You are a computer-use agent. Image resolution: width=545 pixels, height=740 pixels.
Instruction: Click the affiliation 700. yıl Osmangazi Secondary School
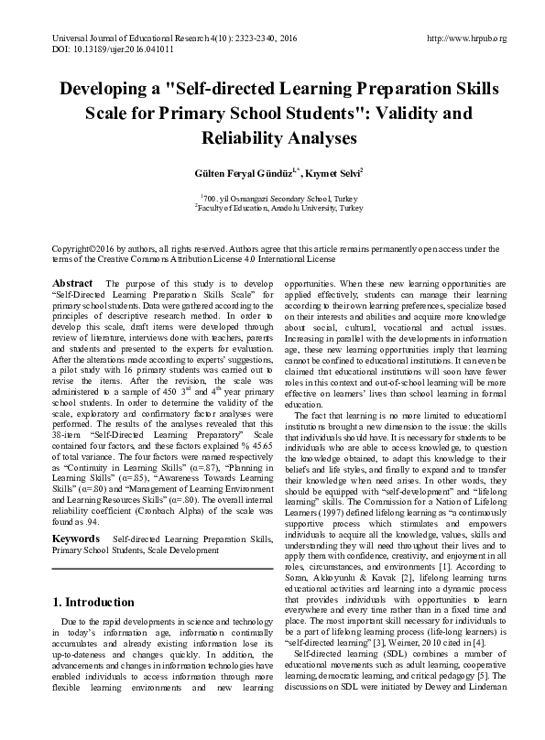coord(270,198)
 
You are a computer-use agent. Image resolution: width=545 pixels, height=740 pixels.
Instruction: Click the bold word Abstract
coord(72,284)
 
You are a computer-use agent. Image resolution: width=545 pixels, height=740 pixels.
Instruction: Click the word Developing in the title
coord(114,91)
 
